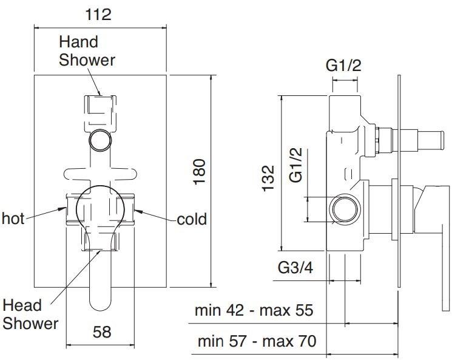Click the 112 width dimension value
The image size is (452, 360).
click(98, 15)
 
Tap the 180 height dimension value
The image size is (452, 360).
click(199, 172)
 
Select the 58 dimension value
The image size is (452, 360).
click(102, 332)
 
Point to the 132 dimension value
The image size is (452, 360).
click(268, 178)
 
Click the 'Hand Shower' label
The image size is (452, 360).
click(87, 51)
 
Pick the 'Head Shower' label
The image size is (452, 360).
click(30, 314)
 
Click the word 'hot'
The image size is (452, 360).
click(13, 219)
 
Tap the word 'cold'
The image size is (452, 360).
click(192, 219)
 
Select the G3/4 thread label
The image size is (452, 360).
click(295, 268)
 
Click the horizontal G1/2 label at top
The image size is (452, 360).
click(343, 66)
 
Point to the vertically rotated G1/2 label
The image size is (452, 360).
click(296, 165)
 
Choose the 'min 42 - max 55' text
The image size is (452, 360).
click(254, 310)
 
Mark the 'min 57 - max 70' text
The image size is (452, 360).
click(257, 341)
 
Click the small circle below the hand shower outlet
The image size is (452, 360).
click(100, 140)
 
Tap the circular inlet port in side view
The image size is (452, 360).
click(345, 209)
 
